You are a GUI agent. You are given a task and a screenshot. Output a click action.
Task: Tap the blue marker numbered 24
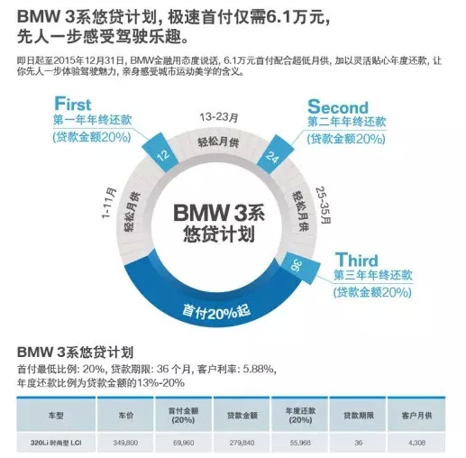tap(275, 154)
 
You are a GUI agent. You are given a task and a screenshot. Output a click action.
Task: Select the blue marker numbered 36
tap(299, 267)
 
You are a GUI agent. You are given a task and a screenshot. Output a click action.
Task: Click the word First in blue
tap(72, 104)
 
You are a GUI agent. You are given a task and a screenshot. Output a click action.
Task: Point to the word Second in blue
tap(338, 106)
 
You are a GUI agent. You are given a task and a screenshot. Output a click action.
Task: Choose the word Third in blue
tap(356, 260)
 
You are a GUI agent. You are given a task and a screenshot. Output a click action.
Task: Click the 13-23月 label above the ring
tap(218, 116)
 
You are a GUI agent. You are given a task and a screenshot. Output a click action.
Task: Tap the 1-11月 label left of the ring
tap(108, 203)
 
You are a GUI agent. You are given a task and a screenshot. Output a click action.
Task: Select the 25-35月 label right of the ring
tap(324, 206)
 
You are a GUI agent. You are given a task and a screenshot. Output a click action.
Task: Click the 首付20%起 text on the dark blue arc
tap(216, 312)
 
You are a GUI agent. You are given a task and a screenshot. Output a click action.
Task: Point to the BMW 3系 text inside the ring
tap(219, 213)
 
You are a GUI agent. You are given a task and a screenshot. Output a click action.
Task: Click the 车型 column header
tap(56, 416)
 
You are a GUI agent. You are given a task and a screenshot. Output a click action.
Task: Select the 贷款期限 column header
tap(359, 416)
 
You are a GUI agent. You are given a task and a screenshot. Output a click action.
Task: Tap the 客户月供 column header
tap(416, 416)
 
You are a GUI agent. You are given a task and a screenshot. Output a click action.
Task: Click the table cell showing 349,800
tap(125, 443)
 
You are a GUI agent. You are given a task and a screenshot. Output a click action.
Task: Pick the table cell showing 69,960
tap(184, 443)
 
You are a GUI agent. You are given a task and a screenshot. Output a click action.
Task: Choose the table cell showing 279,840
tap(242, 443)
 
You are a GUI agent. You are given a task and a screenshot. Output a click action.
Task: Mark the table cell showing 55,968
tap(300, 443)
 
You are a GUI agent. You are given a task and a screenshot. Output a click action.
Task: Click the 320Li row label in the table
tap(56, 443)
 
